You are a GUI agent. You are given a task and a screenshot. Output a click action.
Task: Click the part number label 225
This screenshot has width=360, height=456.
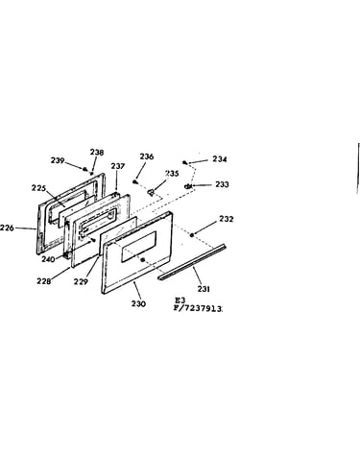click(38, 188)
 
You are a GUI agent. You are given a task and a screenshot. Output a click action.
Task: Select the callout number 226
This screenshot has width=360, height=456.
click(7, 228)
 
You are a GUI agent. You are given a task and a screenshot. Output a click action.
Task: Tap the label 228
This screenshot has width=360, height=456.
click(44, 281)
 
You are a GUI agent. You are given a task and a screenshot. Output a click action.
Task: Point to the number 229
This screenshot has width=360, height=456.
click(81, 281)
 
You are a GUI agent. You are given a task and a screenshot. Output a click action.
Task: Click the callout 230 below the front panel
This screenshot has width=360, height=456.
click(138, 303)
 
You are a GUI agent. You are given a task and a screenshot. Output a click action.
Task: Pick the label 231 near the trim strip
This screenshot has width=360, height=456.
click(204, 289)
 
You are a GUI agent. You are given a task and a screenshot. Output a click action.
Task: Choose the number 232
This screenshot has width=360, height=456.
click(227, 219)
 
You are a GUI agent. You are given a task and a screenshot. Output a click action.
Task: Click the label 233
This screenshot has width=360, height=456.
click(222, 184)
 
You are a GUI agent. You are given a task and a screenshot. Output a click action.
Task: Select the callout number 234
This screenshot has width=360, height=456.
click(220, 159)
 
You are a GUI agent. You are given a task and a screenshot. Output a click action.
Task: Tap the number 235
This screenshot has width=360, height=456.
click(172, 174)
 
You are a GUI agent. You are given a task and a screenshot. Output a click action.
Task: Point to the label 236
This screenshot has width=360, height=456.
click(147, 156)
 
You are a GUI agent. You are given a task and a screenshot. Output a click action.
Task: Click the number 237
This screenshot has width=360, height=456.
click(118, 166)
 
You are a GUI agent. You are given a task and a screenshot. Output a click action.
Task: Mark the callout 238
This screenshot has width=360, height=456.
click(97, 153)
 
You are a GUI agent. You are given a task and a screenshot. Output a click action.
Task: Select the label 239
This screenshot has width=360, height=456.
click(58, 160)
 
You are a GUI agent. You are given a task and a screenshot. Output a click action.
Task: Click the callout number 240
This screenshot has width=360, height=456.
click(48, 258)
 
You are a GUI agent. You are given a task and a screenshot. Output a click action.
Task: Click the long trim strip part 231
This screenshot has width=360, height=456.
click(192, 262)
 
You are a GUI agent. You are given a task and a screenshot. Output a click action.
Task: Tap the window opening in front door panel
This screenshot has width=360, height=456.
click(139, 247)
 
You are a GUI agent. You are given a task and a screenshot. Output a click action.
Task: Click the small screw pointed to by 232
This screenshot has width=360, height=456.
click(192, 235)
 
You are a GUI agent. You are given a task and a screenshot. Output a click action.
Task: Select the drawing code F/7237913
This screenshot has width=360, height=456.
click(198, 309)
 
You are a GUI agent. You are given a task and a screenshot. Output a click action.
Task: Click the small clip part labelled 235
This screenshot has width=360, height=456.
click(151, 192)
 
